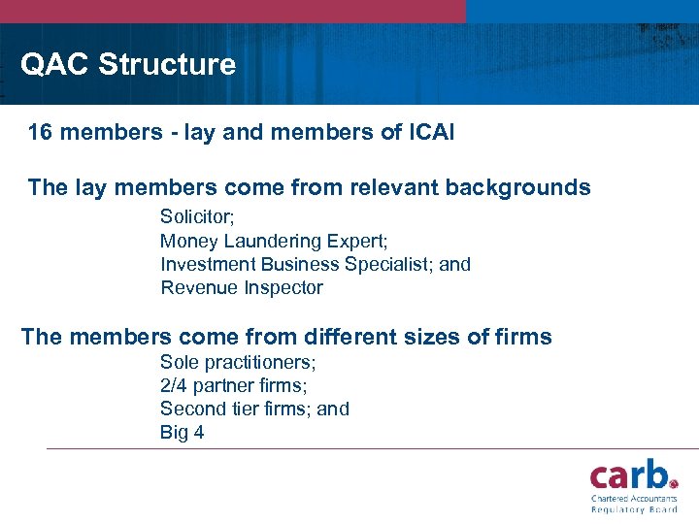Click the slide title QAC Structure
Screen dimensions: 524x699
pos(128,65)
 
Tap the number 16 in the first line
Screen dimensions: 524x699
pos(40,132)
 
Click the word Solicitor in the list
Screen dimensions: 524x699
pos(197,216)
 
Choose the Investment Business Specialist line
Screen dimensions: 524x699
pos(315,264)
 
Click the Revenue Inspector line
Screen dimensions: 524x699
pos(241,287)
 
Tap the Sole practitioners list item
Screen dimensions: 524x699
pos(238,362)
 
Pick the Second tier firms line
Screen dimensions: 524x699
pos(254,409)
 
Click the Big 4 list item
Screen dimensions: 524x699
pos(182,432)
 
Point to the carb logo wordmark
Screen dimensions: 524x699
pos(633,475)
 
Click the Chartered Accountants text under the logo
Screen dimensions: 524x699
pos(634,499)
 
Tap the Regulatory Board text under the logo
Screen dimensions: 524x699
pos(634,509)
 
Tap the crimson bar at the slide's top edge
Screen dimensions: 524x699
pos(233,11)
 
